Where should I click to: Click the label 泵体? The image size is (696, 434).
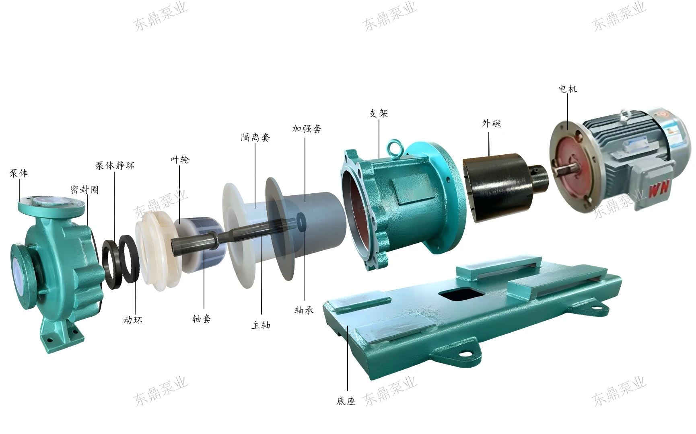click(x=19, y=174)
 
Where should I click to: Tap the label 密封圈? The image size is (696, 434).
click(x=84, y=190)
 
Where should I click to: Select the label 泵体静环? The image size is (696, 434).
click(x=115, y=166)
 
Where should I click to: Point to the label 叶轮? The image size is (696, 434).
click(x=179, y=160)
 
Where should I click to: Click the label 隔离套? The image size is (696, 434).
click(x=255, y=138)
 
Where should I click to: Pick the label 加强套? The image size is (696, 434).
click(x=307, y=129)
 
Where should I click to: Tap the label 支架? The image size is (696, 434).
click(x=378, y=114)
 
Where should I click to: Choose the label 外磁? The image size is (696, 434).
click(x=491, y=123)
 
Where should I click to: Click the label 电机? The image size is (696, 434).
click(x=568, y=89)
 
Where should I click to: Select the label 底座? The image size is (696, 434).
click(x=346, y=401)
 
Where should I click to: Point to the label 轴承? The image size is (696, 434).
click(x=304, y=310)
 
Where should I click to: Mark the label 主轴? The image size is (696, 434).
click(x=261, y=325)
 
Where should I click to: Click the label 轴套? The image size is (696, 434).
click(x=202, y=319)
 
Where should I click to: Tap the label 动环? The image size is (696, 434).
click(x=133, y=320)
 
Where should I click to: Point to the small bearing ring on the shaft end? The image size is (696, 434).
click(x=301, y=221)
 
